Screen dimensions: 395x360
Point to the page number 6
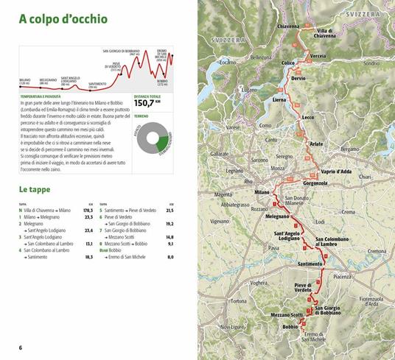21,347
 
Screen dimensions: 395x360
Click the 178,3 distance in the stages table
87,211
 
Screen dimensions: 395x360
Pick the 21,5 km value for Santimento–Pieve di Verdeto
169,211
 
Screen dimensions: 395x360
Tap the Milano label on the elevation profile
25,79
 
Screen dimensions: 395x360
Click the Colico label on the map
287,63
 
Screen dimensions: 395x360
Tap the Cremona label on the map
376,251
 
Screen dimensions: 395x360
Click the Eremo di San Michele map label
313,336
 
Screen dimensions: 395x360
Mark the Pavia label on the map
273,249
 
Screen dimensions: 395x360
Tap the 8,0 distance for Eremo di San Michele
170,257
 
